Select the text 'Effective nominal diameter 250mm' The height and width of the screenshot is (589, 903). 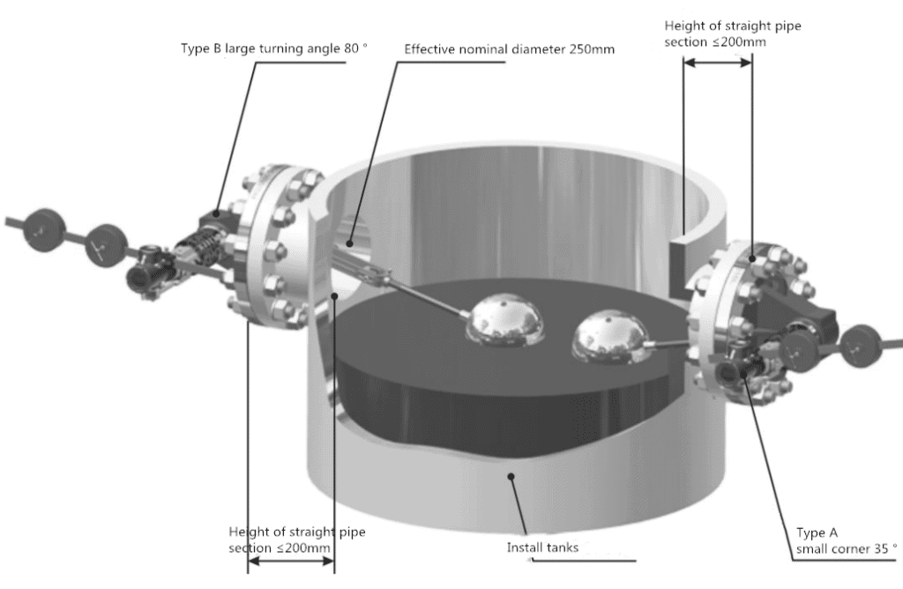[x=509, y=48]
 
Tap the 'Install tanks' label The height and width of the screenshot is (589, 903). [x=541, y=548]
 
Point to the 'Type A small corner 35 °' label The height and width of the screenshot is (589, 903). [x=845, y=541]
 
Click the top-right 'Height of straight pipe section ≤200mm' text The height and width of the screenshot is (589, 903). [x=732, y=34]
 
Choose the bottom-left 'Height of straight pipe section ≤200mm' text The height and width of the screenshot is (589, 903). [x=296, y=540]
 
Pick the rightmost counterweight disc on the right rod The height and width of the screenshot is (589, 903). [x=860, y=345]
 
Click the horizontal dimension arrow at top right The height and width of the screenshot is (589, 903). [x=718, y=63]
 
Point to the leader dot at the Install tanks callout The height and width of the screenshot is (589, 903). [x=510, y=476]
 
